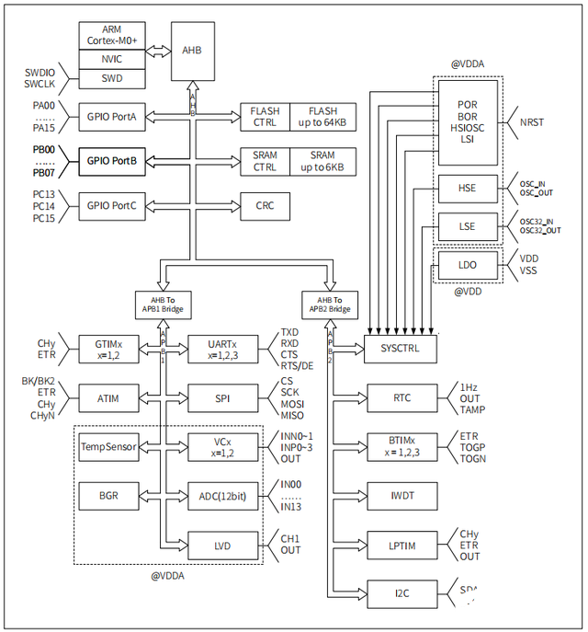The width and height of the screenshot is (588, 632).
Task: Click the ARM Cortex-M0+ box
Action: tap(111, 36)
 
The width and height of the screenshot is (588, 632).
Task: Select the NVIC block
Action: tap(111, 60)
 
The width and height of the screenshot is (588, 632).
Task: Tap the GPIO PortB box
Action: tap(111, 160)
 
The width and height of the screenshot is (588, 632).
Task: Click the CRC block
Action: tap(265, 205)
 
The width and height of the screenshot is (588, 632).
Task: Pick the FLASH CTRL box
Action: tap(265, 117)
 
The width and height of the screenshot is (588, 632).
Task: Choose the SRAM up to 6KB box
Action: tap(322, 161)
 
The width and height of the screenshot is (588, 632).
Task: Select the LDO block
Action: tap(468, 265)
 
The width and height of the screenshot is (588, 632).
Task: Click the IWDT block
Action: tap(401, 496)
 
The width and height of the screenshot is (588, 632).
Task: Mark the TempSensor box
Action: tap(107, 448)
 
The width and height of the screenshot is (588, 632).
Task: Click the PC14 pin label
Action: tap(46, 205)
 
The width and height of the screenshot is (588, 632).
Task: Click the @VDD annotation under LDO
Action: tap(468, 293)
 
